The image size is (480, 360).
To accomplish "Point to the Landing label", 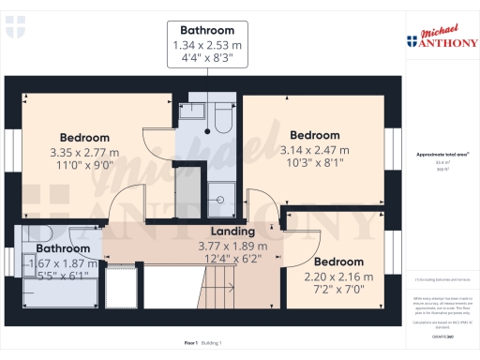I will (232, 232).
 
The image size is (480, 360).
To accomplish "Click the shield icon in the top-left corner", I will (11, 31).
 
